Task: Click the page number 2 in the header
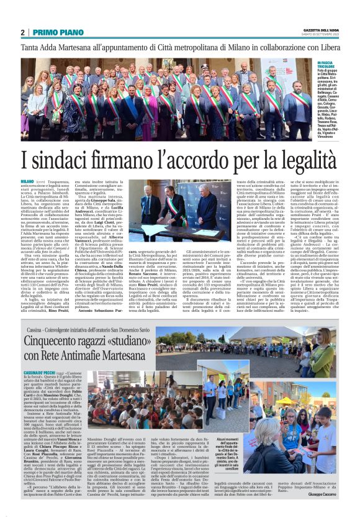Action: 22,32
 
